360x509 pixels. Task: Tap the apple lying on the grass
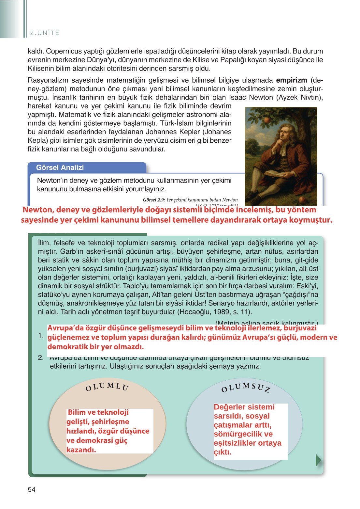tap(303, 199)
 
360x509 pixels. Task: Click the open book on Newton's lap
tap(276, 173)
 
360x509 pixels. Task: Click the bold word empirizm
tap(292, 80)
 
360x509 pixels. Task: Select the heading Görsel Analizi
tap(60, 167)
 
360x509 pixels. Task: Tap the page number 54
tap(32, 489)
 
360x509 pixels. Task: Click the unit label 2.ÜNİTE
tap(45, 33)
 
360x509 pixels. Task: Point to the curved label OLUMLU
tap(107, 387)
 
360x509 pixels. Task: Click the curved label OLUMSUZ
tap(246, 388)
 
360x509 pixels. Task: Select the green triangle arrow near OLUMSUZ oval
tap(318, 460)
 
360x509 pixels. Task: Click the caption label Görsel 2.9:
tap(154, 200)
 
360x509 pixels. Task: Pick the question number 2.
tap(41, 358)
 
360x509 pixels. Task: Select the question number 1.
tap(41, 336)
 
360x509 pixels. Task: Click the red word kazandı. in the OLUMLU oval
tap(81, 450)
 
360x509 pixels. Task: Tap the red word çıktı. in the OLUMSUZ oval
tap(223, 452)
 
